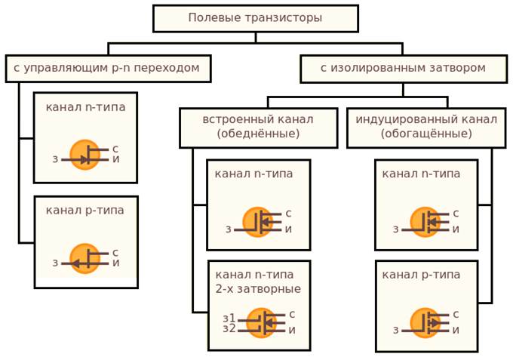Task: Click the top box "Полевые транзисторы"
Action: tap(255, 18)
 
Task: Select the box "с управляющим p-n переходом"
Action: tap(107, 68)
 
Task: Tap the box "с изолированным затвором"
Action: tap(403, 68)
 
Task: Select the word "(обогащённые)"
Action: tap(426, 134)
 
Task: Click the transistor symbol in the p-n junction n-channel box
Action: tap(85, 155)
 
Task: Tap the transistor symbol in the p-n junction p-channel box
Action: tap(85, 259)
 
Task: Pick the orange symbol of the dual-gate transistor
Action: tap(262, 323)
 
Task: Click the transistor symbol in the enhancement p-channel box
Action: tap(426, 323)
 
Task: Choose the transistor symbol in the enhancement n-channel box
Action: tap(426, 223)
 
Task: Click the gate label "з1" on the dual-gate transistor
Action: tap(229, 318)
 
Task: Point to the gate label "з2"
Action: tap(229, 329)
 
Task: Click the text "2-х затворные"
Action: tap(258, 289)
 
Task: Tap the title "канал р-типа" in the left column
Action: tap(84, 210)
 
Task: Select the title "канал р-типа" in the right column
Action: tap(421, 275)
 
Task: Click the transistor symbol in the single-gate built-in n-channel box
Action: tap(258, 223)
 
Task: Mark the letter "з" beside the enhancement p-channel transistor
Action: tap(395, 331)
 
